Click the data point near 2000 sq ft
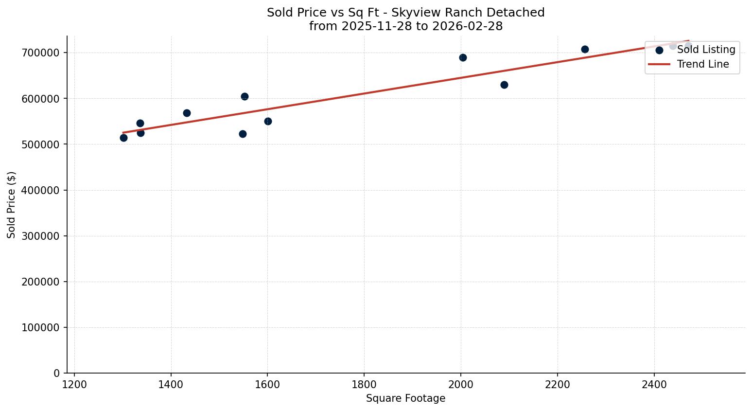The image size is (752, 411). click(x=463, y=57)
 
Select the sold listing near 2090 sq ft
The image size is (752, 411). click(x=504, y=85)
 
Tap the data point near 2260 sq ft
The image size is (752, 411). click(x=585, y=49)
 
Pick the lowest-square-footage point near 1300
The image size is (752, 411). click(x=123, y=138)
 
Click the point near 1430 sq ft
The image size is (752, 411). click(x=187, y=113)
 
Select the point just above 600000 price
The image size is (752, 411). click(x=245, y=96)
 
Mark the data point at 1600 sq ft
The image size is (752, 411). click(x=268, y=121)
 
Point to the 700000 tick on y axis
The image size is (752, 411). click(x=40, y=53)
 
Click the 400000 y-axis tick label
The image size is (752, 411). click(x=40, y=190)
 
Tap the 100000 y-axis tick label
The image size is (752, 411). click(x=40, y=327)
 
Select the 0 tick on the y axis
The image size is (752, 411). click(x=56, y=373)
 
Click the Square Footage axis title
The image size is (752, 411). click(x=405, y=398)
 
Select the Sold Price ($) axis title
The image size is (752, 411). click(x=12, y=204)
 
